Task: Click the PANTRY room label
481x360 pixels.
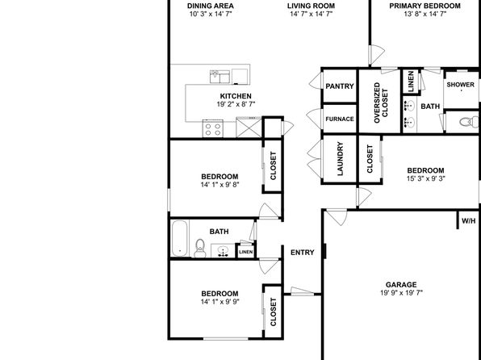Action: point(340,86)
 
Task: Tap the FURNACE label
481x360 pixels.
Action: point(340,119)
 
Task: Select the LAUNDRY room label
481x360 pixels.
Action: point(340,163)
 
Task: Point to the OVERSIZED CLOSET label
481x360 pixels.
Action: point(381,103)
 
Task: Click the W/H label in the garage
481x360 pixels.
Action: point(468,220)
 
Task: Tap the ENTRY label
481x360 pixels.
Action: point(302,253)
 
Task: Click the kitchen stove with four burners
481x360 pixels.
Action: point(212,128)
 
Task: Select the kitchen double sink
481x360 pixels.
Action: point(220,77)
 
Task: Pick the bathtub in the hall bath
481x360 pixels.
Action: point(179,238)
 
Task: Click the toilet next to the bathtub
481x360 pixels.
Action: point(200,248)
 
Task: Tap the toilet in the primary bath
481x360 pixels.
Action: point(469,122)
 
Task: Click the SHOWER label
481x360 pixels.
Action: point(461,85)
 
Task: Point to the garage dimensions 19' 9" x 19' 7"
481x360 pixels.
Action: point(401,292)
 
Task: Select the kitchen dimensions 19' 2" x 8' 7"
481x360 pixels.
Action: point(236,104)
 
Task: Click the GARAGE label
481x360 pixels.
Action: point(401,284)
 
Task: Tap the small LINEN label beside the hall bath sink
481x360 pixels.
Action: point(246,252)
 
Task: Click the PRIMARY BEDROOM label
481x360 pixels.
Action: point(425,6)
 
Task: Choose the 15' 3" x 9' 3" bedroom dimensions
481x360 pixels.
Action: point(425,178)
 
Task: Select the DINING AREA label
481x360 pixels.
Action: point(211,6)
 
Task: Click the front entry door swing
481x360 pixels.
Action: point(302,291)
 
